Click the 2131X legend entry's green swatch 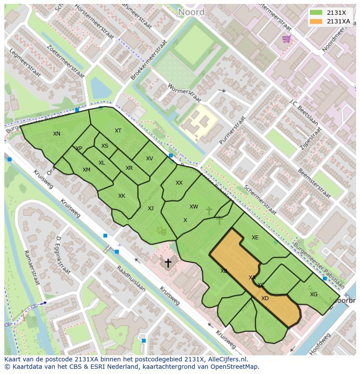316,13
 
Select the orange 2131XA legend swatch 316,21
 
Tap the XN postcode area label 57,134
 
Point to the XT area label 118,131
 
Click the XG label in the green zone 313,295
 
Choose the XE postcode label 255,238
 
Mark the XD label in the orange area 265,298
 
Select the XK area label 122,196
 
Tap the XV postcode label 150,159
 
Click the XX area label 179,183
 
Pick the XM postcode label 87,170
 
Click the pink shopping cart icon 286,40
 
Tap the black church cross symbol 167,263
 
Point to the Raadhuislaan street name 131,278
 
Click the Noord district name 191,12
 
